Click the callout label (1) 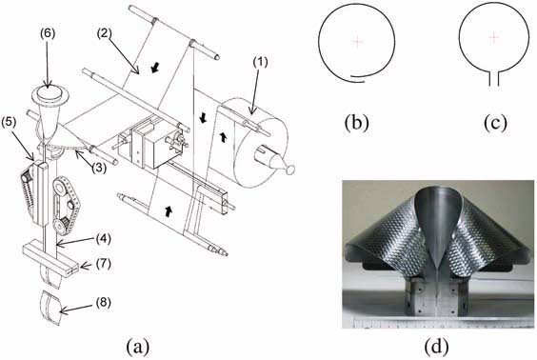pos(260,62)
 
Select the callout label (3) pos(99,168)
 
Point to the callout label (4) pos(103,239)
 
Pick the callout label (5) pos(9,124)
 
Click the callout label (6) pos(47,34)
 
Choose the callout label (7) pos(103,264)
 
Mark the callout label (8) pos(103,303)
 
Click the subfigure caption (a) pos(138,347)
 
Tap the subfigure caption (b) pos(356,122)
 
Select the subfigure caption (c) pos(495,122)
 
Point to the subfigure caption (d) pos(436,347)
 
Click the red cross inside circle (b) pos(358,42)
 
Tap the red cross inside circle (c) pos(493,37)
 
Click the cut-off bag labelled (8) pos(50,308)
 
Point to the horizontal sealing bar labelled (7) pos(50,257)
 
